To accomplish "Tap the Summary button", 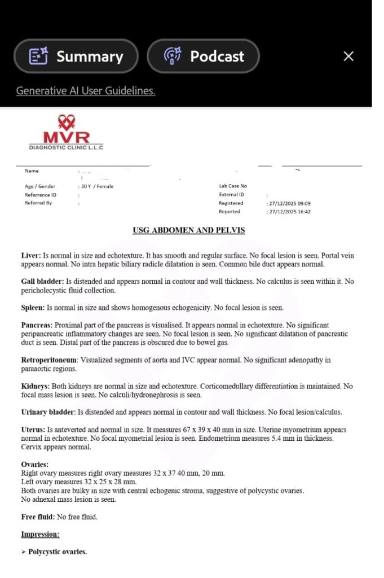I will point(76,56).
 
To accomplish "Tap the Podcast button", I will point(203,56).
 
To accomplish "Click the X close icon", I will point(348,56).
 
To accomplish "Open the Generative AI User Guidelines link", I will point(85,90).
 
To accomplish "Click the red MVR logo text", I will point(66,137).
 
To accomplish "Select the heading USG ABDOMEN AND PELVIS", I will point(189,230).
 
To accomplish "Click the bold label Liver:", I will point(31,256).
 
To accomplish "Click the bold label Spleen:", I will point(33,308).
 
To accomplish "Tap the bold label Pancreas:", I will point(37,325).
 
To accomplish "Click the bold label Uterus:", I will point(34,430).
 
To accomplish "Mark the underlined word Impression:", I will point(40,534).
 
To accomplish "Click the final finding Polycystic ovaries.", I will point(58,551).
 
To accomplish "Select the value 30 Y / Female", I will point(97,186).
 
